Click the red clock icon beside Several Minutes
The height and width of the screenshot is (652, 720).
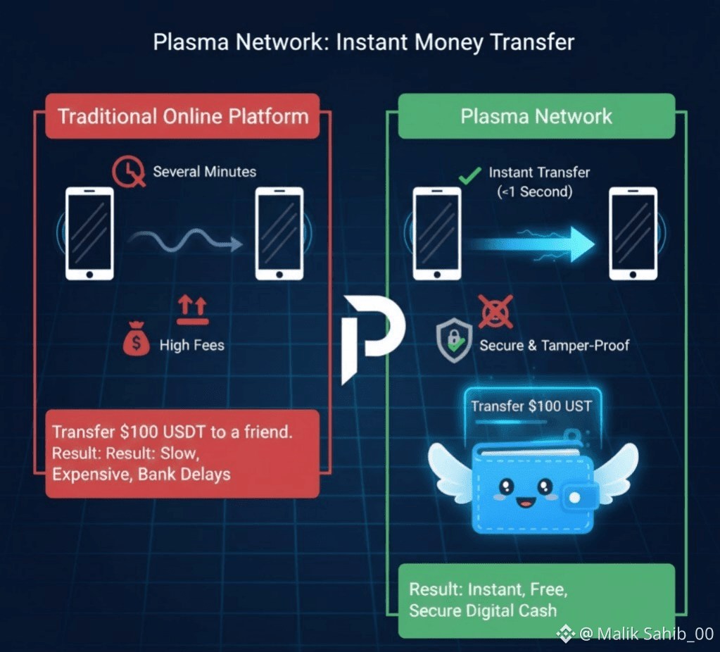[130, 171]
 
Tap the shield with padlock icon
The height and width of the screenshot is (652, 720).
[453, 341]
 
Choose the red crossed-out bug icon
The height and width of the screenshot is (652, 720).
[495, 311]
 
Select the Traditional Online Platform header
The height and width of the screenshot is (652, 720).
[182, 116]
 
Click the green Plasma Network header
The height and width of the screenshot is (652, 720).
[536, 116]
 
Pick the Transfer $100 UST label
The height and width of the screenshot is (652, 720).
[531, 406]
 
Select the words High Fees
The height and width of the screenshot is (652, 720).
[191, 345]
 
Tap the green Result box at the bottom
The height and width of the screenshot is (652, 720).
[536, 600]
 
